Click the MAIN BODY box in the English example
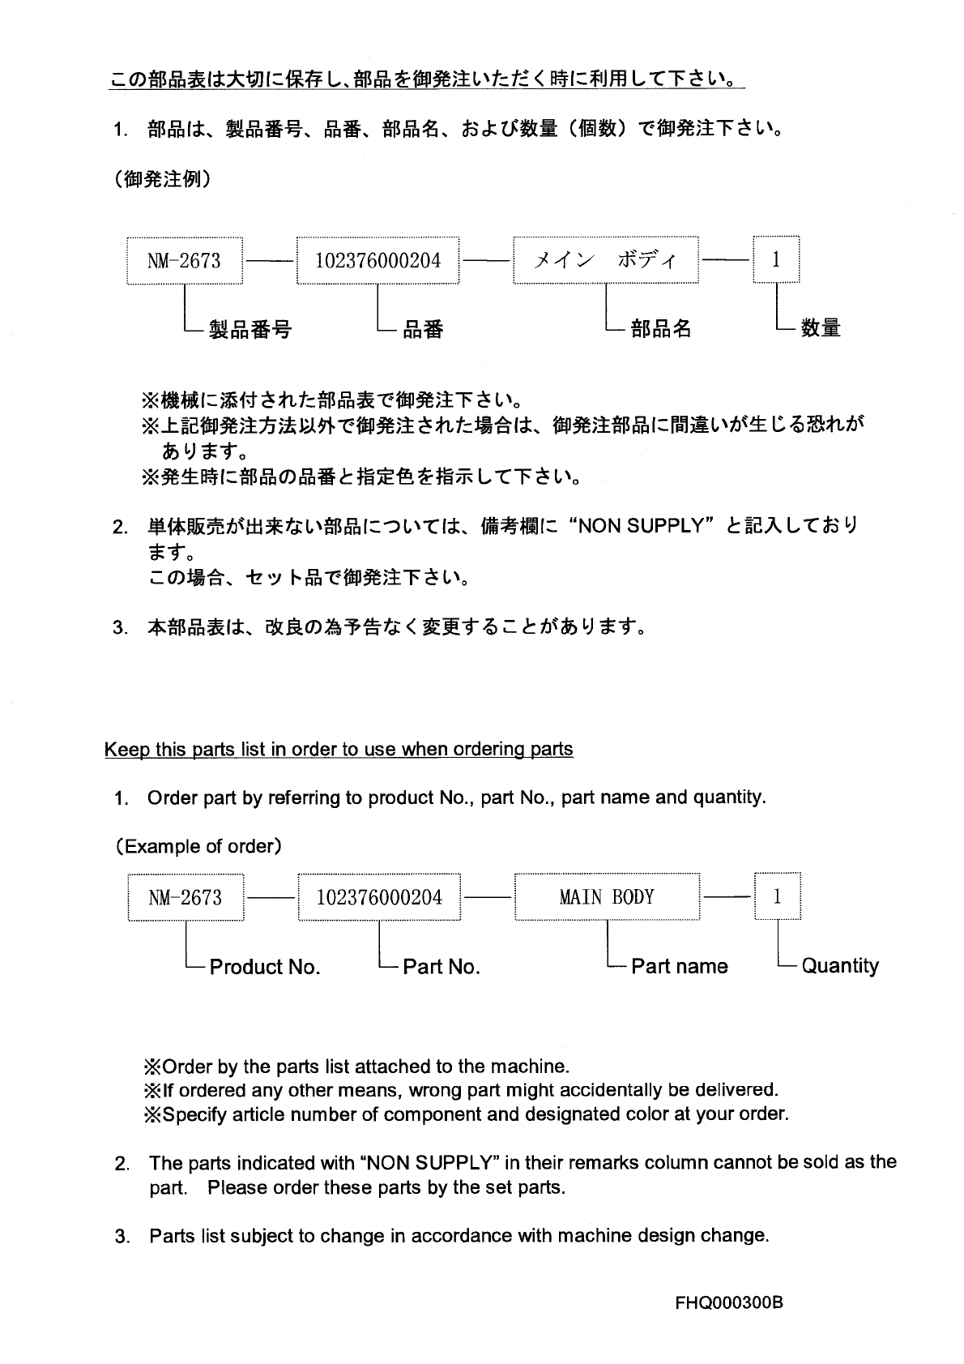[607, 897]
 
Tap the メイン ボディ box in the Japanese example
[606, 260]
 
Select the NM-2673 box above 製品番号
[184, 260]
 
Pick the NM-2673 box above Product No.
[186, 897]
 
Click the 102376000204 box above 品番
[377, 260]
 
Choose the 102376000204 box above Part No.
[379, 897]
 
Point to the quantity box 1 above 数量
[776, 260]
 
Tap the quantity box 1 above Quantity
[778, 897]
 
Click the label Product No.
[265, 967]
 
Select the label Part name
[679, 966]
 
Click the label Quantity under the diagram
[840, 966]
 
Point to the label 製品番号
[250, 329]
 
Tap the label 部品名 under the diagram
[661, 328]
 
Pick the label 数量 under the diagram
[821, 328]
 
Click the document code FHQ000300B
[729, 1303]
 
